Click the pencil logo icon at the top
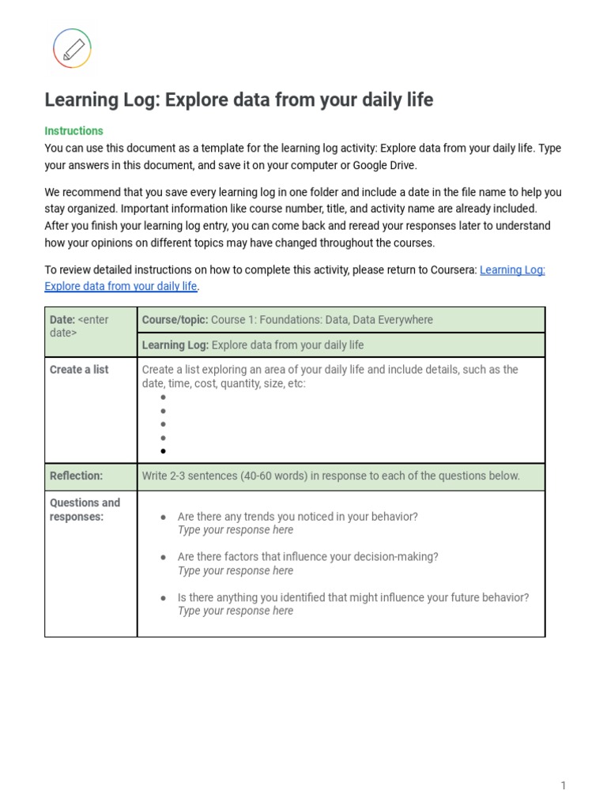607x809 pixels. tap(72, 49)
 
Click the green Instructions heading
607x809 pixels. tap(74, 130)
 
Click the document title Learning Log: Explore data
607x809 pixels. tap(239, 100)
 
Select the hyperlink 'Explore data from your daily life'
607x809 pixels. tap(121, 286)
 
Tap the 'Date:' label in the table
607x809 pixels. tap(62, 319)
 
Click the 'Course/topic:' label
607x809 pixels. tap(175, 319)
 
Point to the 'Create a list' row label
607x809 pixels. tap(79, 369)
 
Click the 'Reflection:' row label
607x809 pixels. tap(76, 476)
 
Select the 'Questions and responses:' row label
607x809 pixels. tap(85, 510)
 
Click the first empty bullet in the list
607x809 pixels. tap(163, 398)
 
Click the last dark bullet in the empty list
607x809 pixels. tap(163, 451)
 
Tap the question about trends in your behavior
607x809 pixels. tap(297, 516)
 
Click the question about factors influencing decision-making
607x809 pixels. tap(307, 556)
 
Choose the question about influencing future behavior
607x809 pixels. tap(353, 597)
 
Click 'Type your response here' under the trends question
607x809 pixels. tap(235, 530)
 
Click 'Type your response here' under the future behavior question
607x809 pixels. tap(235, 611)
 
